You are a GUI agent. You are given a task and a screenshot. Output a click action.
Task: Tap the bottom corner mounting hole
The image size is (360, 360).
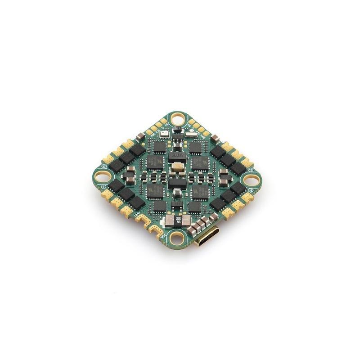179,237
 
